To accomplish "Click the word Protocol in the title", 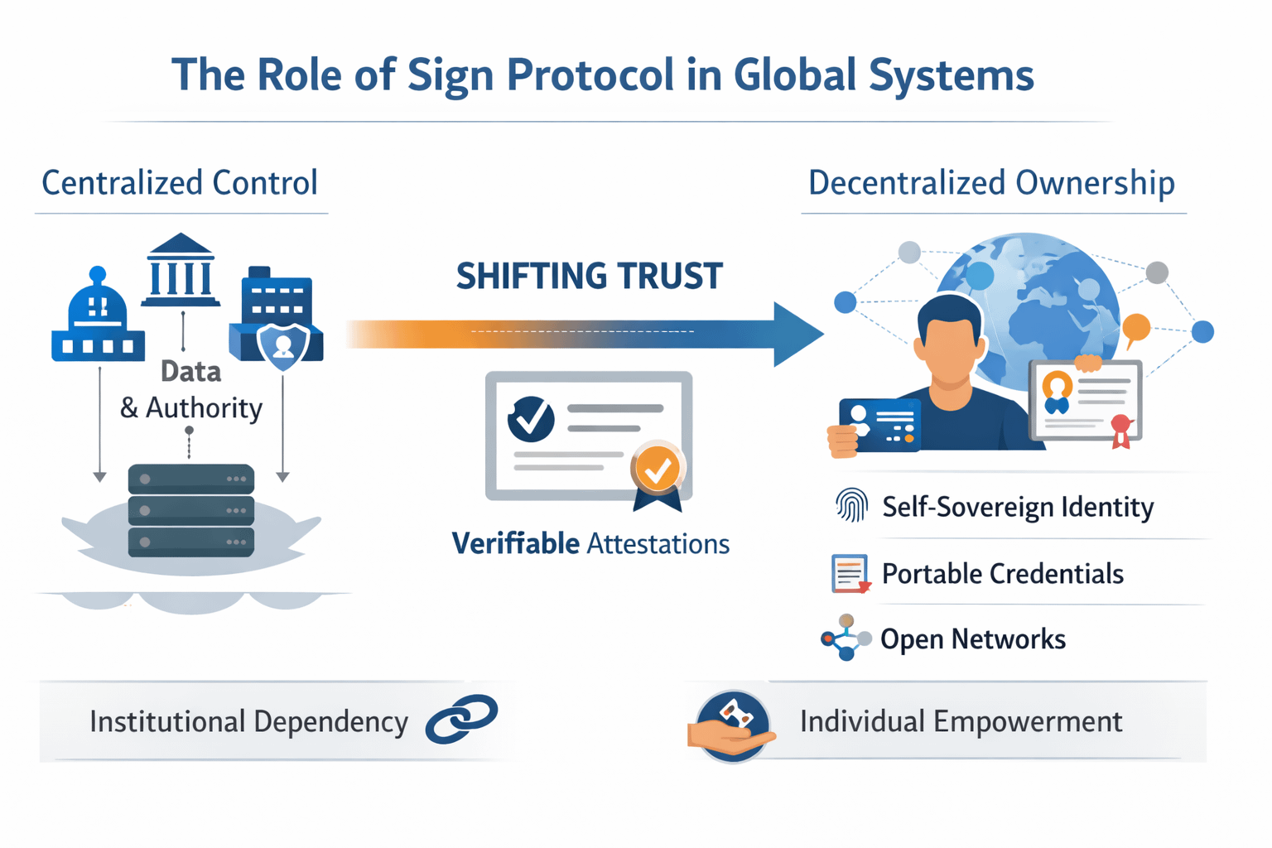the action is point(590,75).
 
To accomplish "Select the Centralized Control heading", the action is point(180,183).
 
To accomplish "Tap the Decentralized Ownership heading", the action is point(991,183).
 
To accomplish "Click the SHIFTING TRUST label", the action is point(589,277).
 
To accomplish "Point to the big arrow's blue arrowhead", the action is point(797,334).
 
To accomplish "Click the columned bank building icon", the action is point(181,270).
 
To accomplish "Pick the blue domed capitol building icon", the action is point(98,319).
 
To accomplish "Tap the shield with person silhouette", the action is point(283,345).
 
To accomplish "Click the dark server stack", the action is point(191,510).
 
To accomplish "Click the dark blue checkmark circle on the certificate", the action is point(531,419).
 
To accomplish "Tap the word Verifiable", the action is point(515,544).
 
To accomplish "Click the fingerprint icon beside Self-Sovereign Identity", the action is point(851,505).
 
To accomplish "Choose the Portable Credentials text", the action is point(1002,574).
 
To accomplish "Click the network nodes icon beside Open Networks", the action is point(846,638).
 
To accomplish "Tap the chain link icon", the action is point(461,719).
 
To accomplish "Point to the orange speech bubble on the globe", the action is point(1136,329).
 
